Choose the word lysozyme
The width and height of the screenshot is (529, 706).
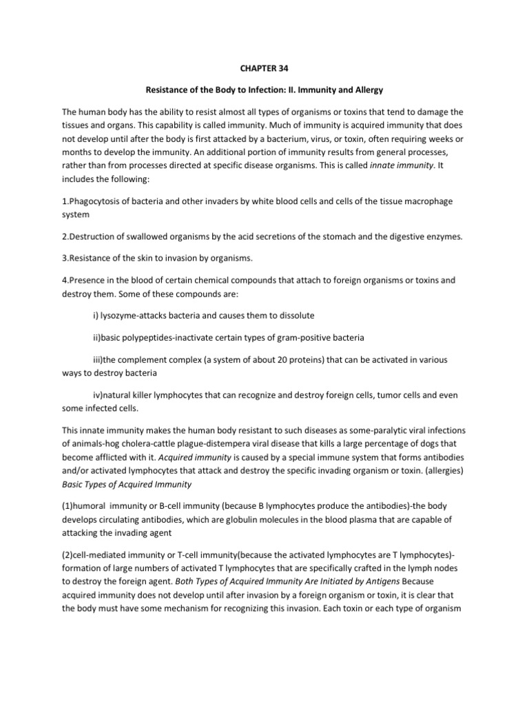point(114,315)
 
